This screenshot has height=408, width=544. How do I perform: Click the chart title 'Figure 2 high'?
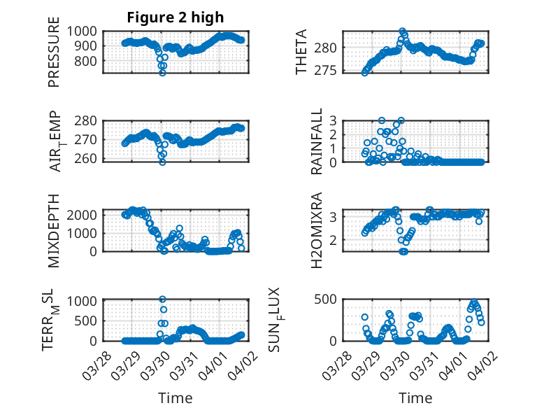click(175, 17)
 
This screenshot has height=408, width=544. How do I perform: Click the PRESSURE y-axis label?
click(54, 52)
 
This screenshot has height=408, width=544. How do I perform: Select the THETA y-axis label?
click(301, 52)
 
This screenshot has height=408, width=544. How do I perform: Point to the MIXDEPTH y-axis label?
click(54, 230)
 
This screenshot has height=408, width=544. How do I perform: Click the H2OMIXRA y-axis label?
click(317, 230)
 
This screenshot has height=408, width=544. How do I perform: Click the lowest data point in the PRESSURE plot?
click(162, 72)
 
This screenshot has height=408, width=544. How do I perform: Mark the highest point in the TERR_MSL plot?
click(162, 300)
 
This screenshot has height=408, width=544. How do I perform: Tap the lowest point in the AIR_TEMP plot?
click(162, 162)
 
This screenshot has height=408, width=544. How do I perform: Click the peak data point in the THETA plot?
click(403, 31)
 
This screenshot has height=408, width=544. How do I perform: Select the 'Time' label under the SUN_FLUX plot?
click(415, 398)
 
